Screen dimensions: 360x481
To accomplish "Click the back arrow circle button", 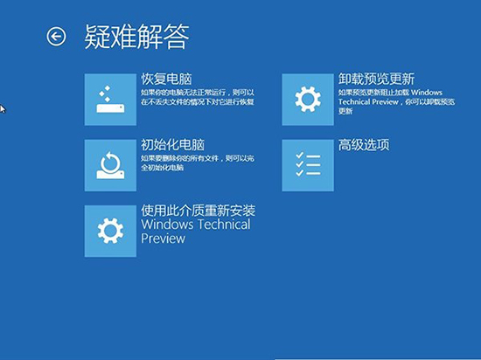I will [x=56, y=37].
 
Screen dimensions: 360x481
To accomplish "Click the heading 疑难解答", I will [x=137, y=37].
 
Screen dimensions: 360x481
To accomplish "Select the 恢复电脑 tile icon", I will [x=110, y=100].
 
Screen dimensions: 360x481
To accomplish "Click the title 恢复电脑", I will [x=166, y=79].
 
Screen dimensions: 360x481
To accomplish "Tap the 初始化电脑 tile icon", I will [x=110, y=164].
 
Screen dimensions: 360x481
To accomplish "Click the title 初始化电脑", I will [x=172, y=144].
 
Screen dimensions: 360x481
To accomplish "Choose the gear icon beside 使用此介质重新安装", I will [x=110, y=231].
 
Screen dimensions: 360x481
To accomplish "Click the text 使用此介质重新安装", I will [x=204, y=211].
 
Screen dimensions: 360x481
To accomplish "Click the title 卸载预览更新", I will [x=376, y=79].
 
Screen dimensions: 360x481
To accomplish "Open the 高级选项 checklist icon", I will [x=308, y=164].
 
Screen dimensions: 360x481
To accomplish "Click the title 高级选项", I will [x=363, y=144].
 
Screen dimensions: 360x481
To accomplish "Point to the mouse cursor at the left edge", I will [x=3, y=109].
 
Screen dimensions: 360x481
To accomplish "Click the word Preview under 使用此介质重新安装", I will [x=164, y=239].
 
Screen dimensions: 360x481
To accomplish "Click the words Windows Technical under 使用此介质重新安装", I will [x=195, y=225].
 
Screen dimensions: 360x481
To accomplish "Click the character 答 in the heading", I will [x=177, y=37].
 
